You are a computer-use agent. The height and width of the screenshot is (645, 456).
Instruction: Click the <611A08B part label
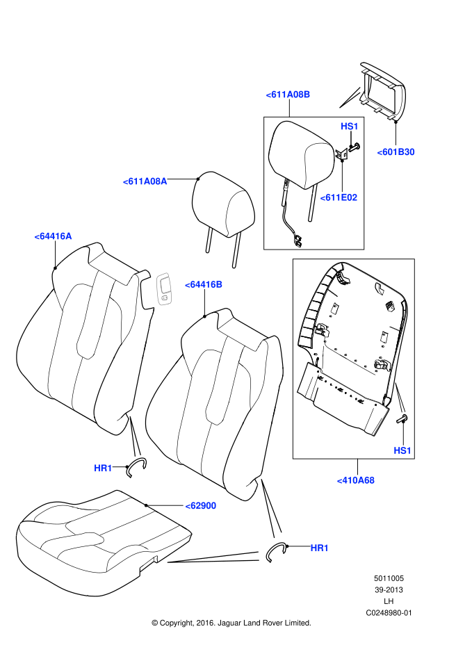(x=288, y=95)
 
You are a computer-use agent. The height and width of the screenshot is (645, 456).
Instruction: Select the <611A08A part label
(x=145, y=181)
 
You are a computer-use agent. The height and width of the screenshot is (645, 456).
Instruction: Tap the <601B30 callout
(x=396, y=152)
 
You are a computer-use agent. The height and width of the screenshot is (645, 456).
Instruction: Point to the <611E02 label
(x=339, y=197)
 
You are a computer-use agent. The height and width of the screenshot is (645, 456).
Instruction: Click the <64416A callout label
(x=53, y=236)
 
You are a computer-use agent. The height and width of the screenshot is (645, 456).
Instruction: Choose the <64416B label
(x=204, y=284)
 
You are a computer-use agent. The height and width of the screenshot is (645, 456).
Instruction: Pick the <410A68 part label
(x=355, y=480)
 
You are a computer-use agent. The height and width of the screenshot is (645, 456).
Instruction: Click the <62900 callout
(x=201, y=506)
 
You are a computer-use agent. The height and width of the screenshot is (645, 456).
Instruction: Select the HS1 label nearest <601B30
(x=349, y=126)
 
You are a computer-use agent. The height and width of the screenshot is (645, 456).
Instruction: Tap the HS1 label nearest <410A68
(x=402, y=450)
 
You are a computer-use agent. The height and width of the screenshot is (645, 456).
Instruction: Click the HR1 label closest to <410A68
(x=319, y=548)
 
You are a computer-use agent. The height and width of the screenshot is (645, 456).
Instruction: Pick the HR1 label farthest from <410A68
(x=103, y=468)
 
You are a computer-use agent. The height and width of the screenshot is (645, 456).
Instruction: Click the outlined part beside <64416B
(x=164, y=289)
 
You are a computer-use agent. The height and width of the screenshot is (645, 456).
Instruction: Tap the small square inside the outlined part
(x=164, y=298)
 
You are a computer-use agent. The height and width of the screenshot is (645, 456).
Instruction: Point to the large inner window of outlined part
(x=165, y=285)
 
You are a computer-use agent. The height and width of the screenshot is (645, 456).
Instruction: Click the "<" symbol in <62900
(x=188, y=506)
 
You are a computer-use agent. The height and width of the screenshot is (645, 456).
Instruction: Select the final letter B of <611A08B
(x=307, y=95)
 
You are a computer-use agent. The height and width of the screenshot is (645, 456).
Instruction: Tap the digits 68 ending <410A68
(x=369, y=480)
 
